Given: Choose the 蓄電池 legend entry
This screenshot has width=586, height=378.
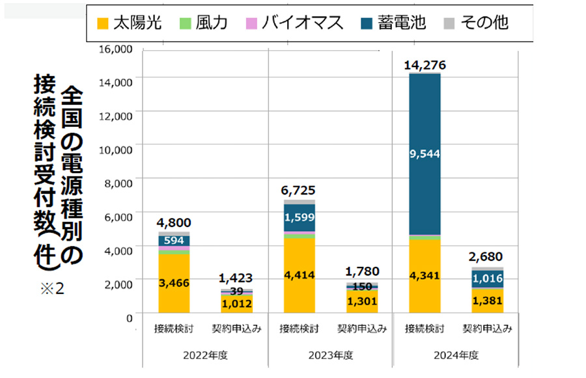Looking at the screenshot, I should point(393,23).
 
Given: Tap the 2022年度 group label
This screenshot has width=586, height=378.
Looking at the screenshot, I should point(206,355).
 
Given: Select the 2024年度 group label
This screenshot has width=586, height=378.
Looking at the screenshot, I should point(456,355).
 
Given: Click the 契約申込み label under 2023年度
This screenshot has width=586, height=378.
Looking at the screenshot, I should point(362,329).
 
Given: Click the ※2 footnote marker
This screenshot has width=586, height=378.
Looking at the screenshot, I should point(51,288).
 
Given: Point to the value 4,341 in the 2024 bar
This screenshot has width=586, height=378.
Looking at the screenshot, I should point(425,275).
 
